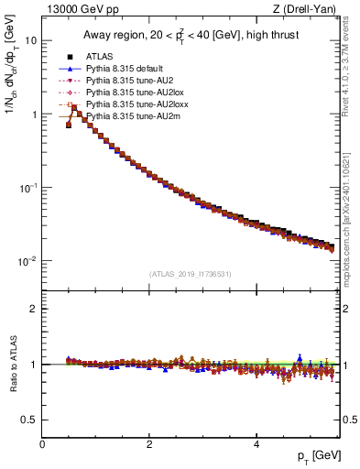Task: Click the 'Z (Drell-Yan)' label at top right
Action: [x=311, y=9]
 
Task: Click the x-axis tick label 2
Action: [x=149, y=444]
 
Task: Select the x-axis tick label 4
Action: [x=256, y=444]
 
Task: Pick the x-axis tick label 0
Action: [x=42, y=444]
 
